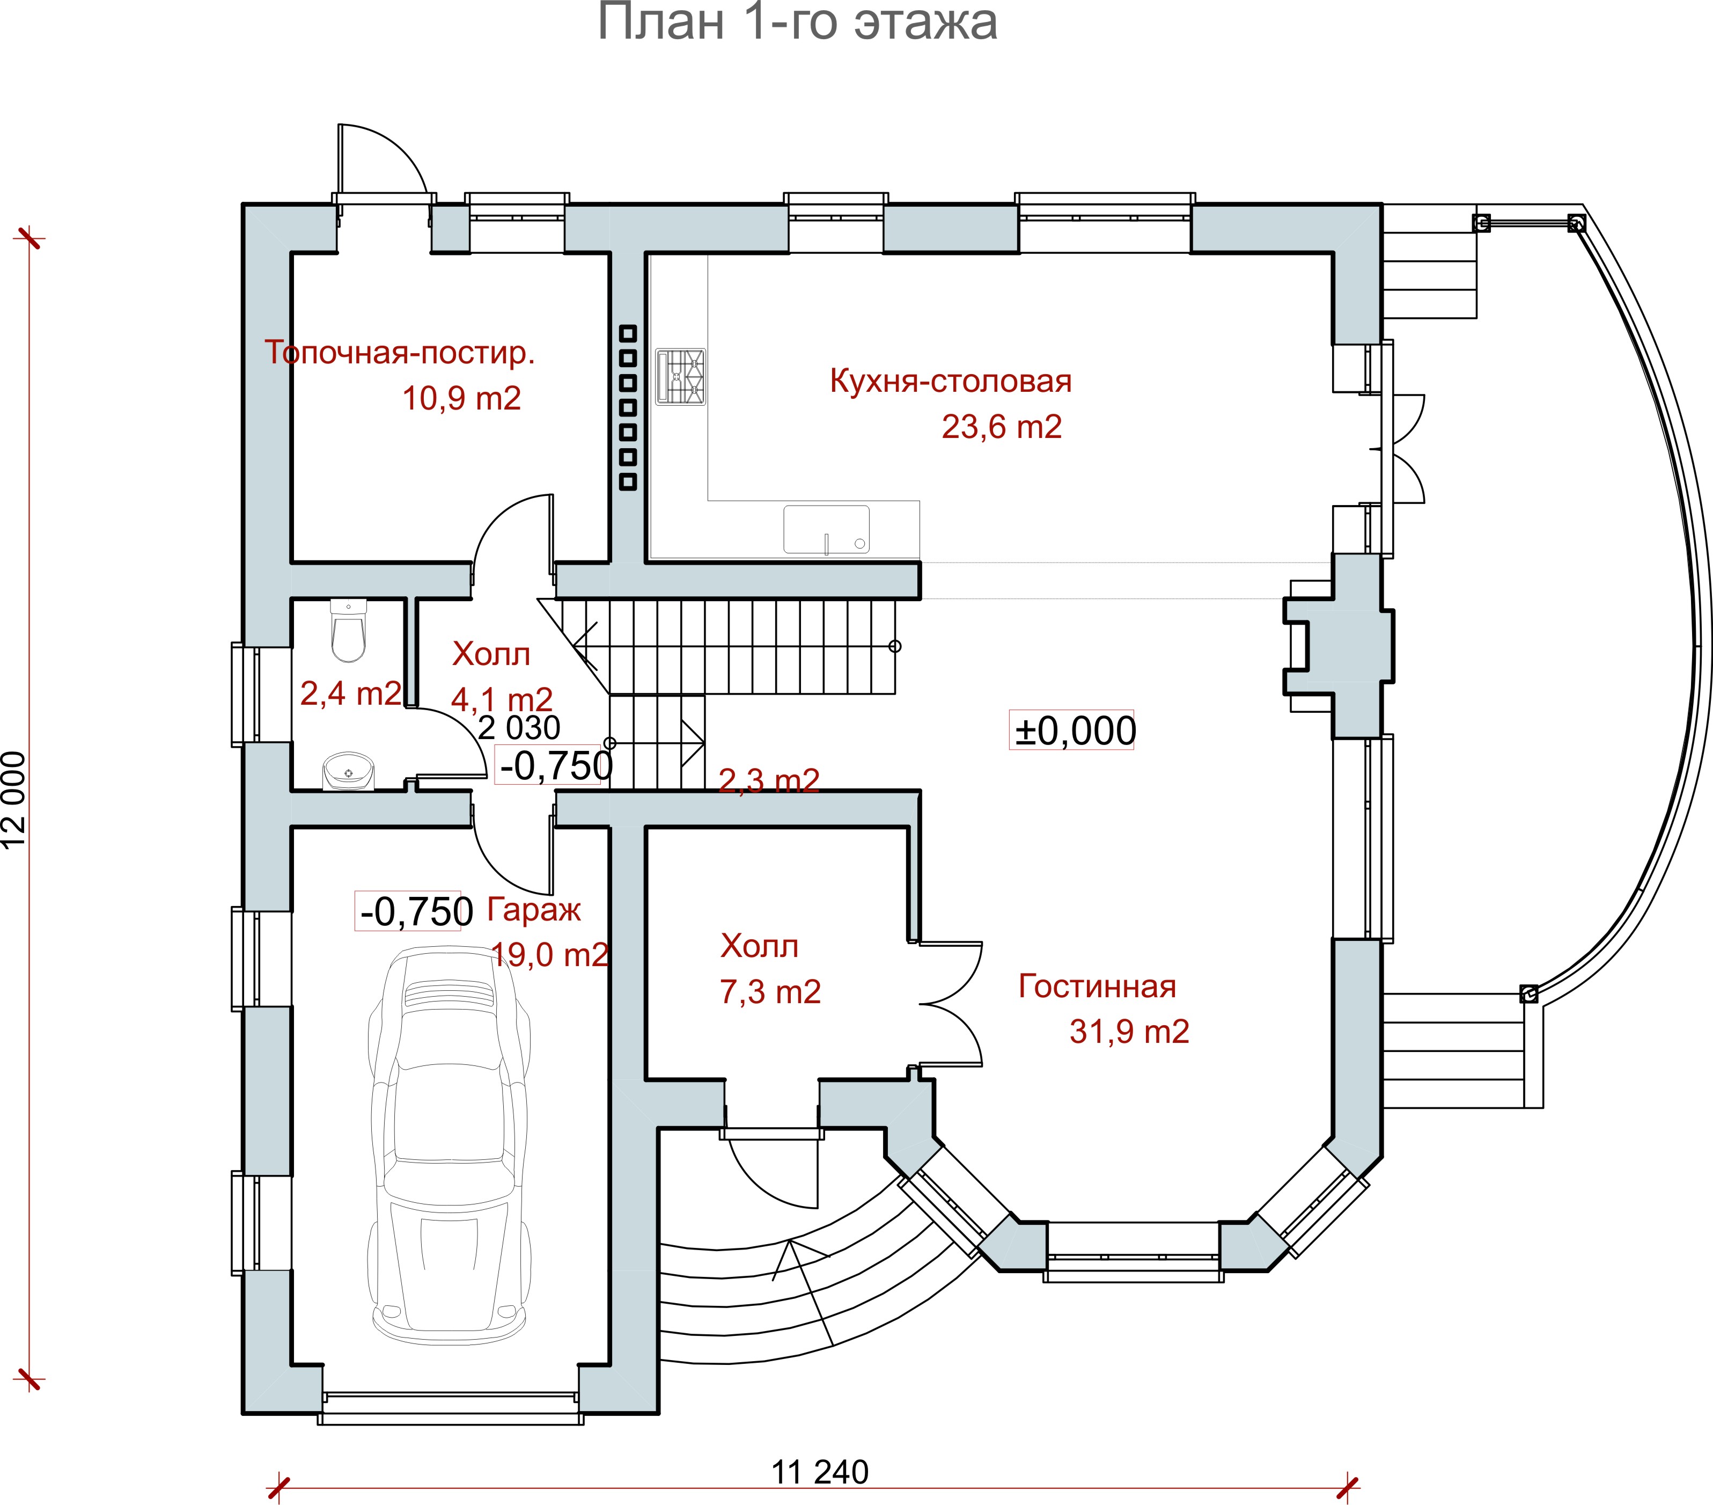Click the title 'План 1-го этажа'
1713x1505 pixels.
797,23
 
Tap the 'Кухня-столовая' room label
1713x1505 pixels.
950,382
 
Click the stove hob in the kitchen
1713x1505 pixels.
680,377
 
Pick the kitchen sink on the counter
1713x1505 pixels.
826,530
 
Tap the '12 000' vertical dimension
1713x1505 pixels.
14,801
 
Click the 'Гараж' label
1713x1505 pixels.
533,910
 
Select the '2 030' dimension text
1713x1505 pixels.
519,728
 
